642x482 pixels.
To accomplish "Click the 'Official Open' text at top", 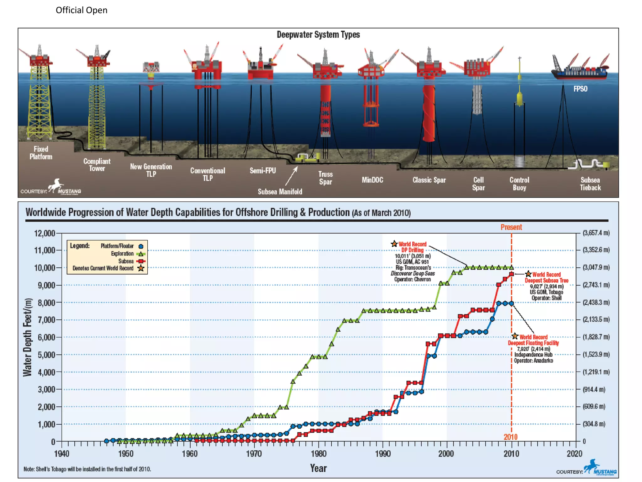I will tap(82, 10).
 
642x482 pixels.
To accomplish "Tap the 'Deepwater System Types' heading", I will tap(318, 35).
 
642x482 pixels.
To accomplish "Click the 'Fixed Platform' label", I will tap(41, 153).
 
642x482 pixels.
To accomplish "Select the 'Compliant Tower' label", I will tap(97, 165).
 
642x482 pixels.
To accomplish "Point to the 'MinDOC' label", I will tap(372, 180).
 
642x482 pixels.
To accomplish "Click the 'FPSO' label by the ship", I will tap(580, 89).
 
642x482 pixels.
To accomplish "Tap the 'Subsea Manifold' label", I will tap(280, 192).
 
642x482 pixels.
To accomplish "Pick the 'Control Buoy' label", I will tap(519, 184).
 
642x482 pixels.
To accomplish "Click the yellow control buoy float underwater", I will tap(519, 99).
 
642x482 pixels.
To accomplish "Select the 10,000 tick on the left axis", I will tap(44, 268).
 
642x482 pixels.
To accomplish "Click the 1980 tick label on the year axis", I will tap(318, 454).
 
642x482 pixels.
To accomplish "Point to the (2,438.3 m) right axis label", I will tap(596, 303).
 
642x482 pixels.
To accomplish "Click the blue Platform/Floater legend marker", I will tap(141, 246).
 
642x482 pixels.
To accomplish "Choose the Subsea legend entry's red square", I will tap(141, 261).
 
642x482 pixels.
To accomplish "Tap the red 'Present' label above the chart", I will tap(511, 227).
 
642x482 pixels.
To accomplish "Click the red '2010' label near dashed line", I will tap(510, 437).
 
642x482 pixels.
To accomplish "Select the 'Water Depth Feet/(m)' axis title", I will tap(28, 337).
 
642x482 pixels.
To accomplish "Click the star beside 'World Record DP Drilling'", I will tap(394, 244).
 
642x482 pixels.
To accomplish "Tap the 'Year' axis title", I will tap(318, 468).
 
